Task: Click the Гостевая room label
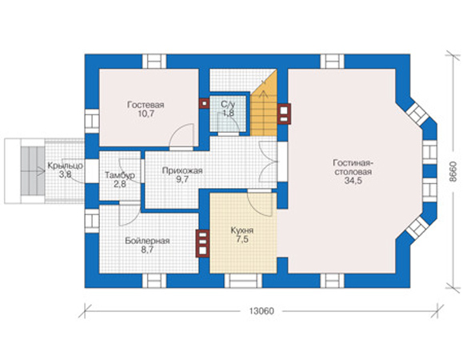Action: tap(146, 105)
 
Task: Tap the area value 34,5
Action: tap(353, 181)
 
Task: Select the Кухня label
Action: tap(242, 230)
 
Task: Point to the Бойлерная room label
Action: tap(147, 241)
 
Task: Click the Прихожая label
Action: tap(182, 170)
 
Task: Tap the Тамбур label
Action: tap(120, 175)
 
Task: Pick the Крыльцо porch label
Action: tap(66, 166)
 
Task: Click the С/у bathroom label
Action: tap(228, 104)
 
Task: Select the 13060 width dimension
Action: tap(261, 311)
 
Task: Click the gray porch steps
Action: tap(33, 170)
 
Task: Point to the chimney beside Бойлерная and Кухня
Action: tap(202, 244)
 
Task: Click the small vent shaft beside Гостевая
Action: tap(204, 103)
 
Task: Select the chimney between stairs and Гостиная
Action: tap(284, 114)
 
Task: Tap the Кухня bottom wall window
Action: tap(243, 281)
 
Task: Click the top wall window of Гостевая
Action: tap(154, 62)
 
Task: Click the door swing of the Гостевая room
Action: tap(182, 137)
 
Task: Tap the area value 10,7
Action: tap(146, 114)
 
